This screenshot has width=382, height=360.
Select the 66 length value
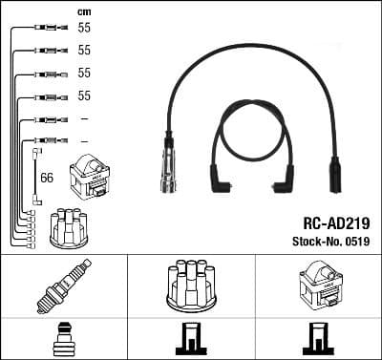click(x=47, y=177)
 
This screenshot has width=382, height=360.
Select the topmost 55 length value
click(x=84, y=29)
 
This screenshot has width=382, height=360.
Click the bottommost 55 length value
click(x=84, y=96)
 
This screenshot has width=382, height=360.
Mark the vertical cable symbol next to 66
click(x=35, y=176)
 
